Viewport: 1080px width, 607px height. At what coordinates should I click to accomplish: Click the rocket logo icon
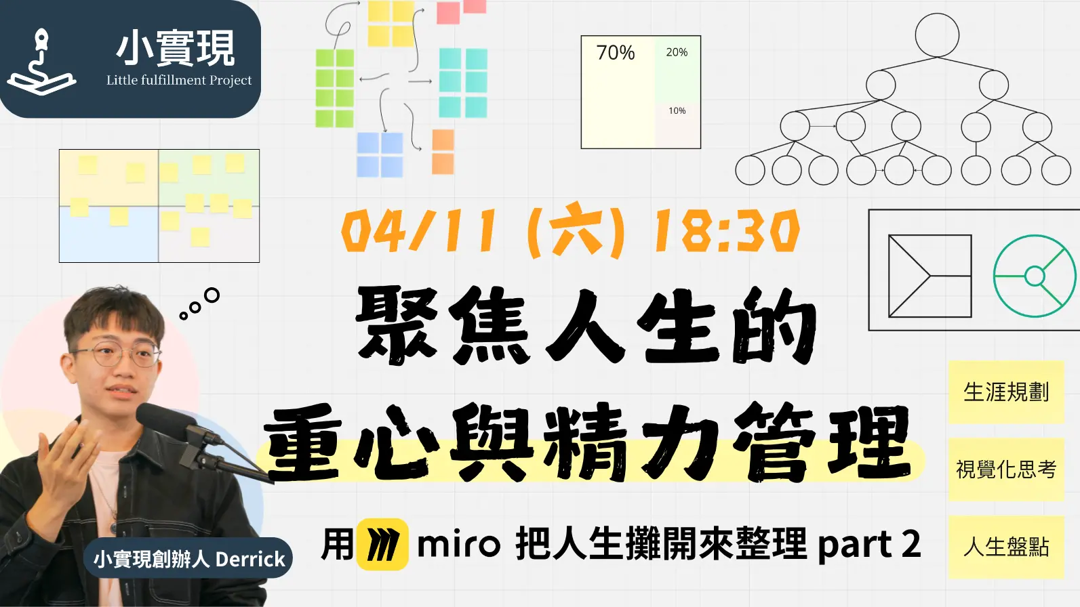pos(41,62)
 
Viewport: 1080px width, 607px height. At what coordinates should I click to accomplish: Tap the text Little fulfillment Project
pos(179,80)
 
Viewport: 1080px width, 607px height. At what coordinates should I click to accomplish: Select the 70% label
pos(615,53)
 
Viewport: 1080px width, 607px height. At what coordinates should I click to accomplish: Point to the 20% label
pos(677,52)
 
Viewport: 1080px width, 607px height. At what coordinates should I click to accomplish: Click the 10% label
pos(677,111)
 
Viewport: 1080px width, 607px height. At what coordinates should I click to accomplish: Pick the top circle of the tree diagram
pos(937,35)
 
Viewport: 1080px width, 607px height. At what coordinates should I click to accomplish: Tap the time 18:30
pos(725,231)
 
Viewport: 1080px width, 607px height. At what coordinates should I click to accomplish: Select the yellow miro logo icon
pos(382,545)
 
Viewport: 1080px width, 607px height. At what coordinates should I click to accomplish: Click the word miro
pos(458,545)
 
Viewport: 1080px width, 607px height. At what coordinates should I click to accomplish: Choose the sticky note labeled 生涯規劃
pos(1006,392)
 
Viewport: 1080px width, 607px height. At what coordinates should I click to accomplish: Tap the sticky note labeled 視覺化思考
pos(1006,469)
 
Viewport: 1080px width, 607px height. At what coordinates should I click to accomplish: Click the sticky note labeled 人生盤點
pos(1006,547)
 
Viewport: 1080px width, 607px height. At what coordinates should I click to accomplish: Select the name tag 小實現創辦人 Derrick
pos(188,559)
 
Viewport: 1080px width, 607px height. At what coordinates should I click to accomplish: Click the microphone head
pos(161,417)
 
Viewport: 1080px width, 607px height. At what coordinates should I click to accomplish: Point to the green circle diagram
pos(1035,276)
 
